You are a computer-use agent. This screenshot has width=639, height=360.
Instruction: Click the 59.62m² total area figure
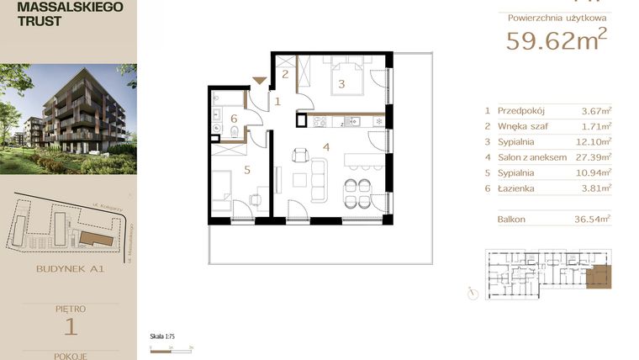point(556,40)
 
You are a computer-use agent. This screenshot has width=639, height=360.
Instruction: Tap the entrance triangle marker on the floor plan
point(260,81)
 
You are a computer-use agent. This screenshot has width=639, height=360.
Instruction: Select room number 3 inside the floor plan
point(341,83)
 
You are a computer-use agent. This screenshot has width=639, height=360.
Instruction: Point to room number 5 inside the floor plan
point(247,169)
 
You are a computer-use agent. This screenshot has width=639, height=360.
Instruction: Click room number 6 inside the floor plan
point(234,118)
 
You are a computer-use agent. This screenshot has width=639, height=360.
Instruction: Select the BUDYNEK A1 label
point(69,270)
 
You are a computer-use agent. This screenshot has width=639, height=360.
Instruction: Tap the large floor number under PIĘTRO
point(70,326)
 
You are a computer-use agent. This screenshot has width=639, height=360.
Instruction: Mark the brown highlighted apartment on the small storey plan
point(599,275)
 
